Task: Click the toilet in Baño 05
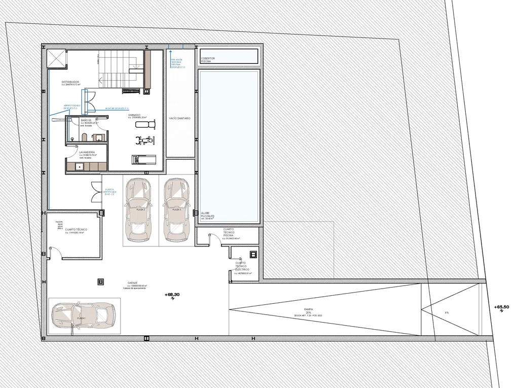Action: (85, 136)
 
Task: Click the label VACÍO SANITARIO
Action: (180, 118)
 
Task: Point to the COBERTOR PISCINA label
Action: (208, 60)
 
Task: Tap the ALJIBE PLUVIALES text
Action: (207, 216)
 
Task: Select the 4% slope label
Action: (447, 312)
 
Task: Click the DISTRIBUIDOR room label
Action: (70, 82)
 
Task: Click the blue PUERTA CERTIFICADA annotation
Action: (110, 193)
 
